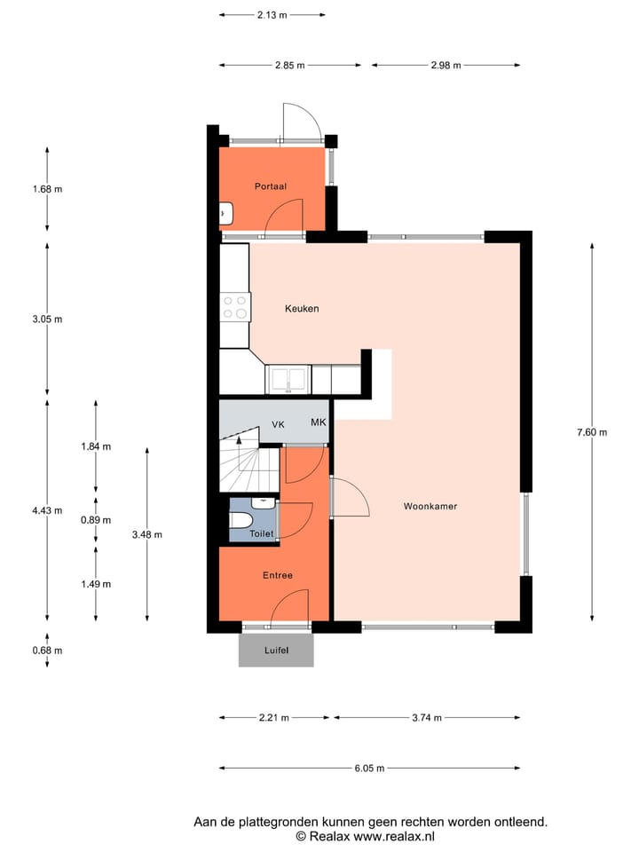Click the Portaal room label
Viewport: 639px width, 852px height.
[270, 186]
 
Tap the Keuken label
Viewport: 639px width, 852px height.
[301, 309]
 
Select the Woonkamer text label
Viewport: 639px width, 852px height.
[430, 507]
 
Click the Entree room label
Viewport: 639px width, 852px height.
[277, 575]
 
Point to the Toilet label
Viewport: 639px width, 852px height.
[261, 534]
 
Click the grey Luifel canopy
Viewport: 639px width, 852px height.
[276, 650]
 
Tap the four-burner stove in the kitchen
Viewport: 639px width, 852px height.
[235, 307]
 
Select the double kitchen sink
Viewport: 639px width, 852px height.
[288, 379]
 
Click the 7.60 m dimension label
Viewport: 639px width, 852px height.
[591, 432]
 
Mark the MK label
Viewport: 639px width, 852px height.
[318, 422]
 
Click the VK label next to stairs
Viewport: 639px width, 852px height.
[278, 425]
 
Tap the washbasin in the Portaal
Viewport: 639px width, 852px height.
[225, 214]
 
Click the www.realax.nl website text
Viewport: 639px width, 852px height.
[384, 836]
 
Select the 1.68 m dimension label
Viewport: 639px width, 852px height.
[47, 189]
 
